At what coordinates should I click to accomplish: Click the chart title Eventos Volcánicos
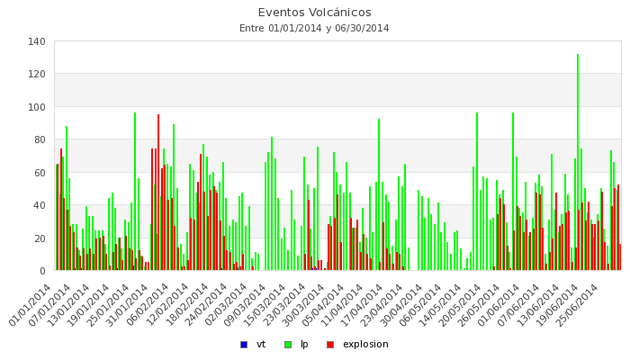tap(314, 13)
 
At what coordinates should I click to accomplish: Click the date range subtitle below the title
tap(314, 28)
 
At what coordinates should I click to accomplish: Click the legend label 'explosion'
tap(365, 344)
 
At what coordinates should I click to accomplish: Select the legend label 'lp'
tap(305, 344)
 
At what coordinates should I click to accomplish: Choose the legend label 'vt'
tap(261, 344)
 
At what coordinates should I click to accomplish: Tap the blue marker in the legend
tap(243, 344)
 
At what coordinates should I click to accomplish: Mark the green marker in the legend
tap(287, 344)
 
